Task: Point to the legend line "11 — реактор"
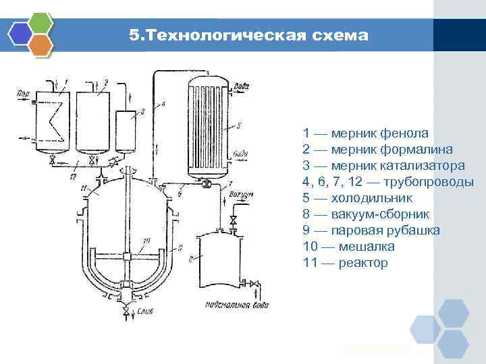coord(346,263)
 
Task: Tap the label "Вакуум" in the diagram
coord(241,194)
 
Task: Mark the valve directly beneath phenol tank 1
coord(53,160)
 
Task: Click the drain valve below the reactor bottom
coord(127,310)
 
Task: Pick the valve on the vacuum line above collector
coord(234,221)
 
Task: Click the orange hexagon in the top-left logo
coord(41,45)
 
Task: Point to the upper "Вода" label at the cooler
coord(241,86)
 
